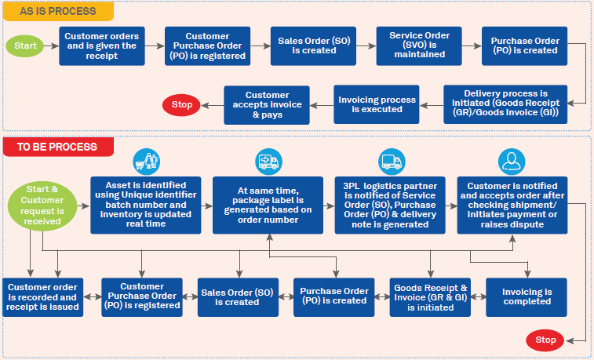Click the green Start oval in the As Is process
pyautogui.click(x=26, y=45)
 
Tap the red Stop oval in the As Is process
pyautogui.click(x=182, y=104)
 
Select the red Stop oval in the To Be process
pyautogui.click(x=545, y=340)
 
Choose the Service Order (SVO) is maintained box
pyautogui.click(x=414, y=45)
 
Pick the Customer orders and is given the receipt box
pyautogui.click(x=102, y=45)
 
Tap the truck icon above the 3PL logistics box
pyautogui.click(x=392, y=162)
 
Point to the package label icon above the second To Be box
pyautogui.click(x=269, y=162)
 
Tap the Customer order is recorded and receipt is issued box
pyautogui.click(x=42, y=297)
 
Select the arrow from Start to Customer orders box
pyautogui.click(x=53, y=45)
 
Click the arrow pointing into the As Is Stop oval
pyautogui.click(x=213, y=104)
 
